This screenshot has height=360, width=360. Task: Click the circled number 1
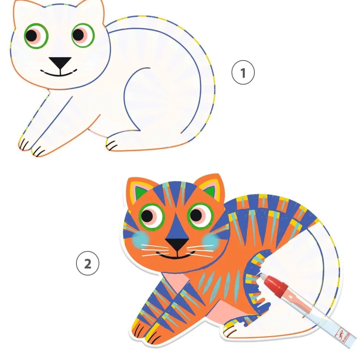243,72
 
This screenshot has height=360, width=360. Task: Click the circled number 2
88,264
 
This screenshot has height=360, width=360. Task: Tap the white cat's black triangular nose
60,63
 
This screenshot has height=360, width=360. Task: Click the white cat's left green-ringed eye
36,36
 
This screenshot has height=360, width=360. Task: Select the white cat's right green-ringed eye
83,35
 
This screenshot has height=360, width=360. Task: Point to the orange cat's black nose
177,244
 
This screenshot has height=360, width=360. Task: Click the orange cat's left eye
152,216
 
